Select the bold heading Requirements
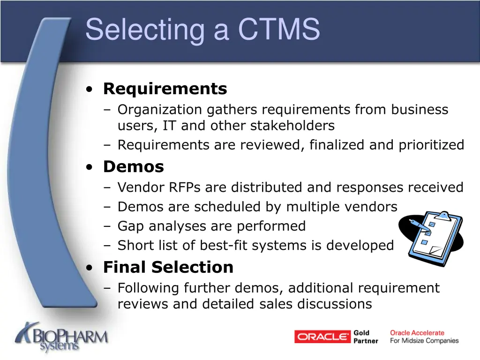(x=165, y=89)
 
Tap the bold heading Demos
(x=134, y=166)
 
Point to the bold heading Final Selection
(x=168, y=267)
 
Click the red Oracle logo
(x=322, y=337)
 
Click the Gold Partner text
(x=366, y=337)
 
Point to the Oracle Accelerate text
(x=417, y=333)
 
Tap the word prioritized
(x=431, y=145)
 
